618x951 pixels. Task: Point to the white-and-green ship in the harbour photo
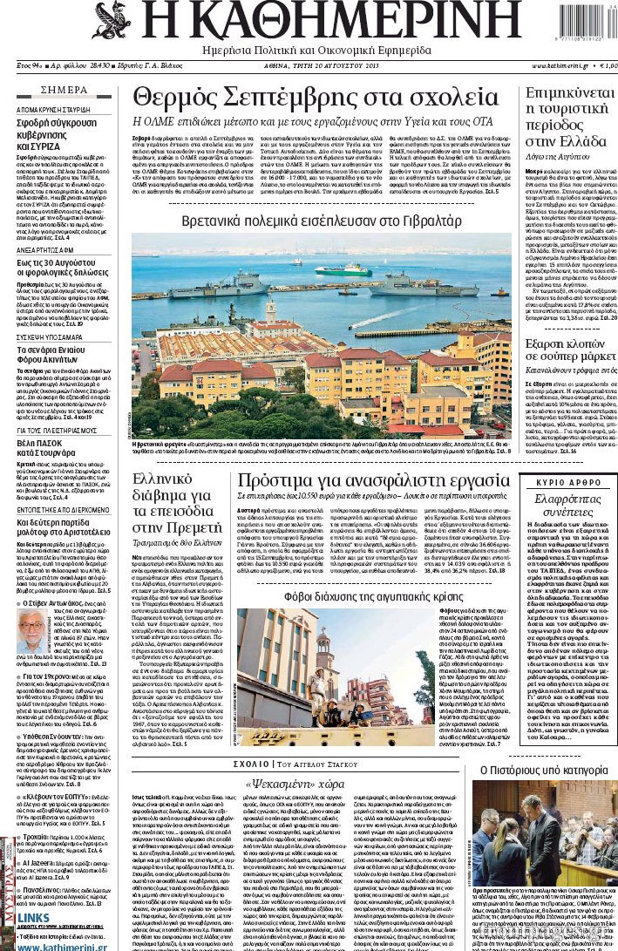340,270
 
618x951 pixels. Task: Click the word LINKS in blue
33,918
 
